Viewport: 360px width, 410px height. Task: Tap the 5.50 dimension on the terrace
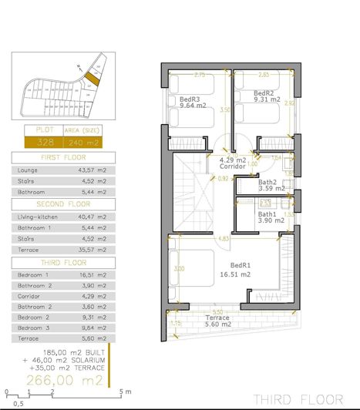(219, 311)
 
